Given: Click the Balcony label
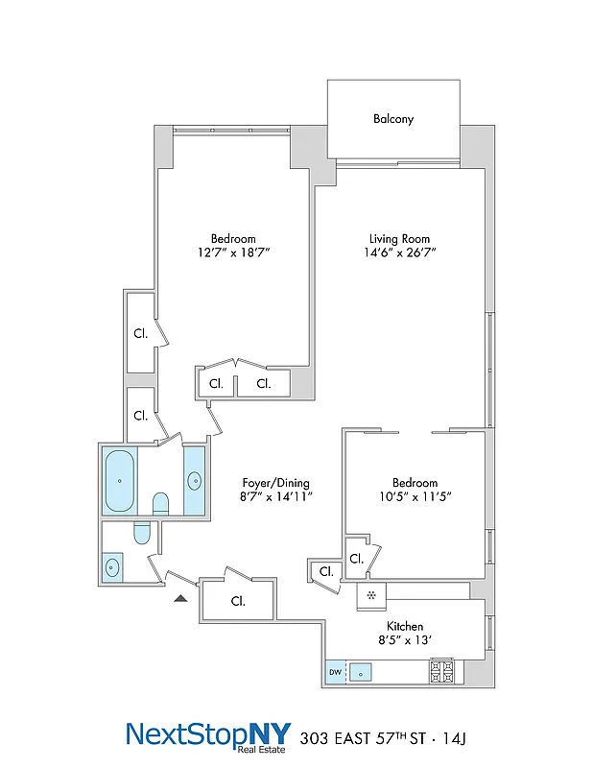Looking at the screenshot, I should point(393,119).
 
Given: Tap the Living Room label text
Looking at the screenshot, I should point(399,239).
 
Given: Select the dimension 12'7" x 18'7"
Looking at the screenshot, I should point(233,253).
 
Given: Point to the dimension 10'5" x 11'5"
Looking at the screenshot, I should point(415,497).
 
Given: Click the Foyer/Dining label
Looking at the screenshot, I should point(274,483).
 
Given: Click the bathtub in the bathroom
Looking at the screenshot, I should point(119,479).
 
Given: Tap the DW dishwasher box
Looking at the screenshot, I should point(335,672).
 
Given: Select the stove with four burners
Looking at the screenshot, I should point(441,669).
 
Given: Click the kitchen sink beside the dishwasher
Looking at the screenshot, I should point(361,672).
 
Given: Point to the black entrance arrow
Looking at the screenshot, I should point(180,598).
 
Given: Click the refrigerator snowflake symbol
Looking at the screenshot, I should point(369,596).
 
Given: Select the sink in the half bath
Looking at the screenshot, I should point(113,567).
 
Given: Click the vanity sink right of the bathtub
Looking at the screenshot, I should point(194,480).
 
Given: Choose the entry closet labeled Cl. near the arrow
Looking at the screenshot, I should point(237,602).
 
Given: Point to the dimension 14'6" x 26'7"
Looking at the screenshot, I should point(399,253).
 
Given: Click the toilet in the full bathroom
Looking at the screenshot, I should point(160,504).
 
